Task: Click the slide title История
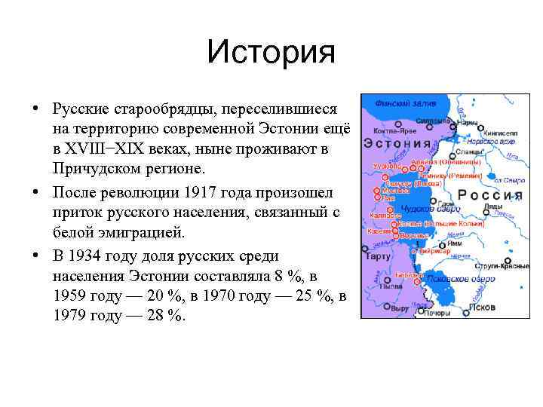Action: tap(271, 52)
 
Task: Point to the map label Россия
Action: tap(491, 195)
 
